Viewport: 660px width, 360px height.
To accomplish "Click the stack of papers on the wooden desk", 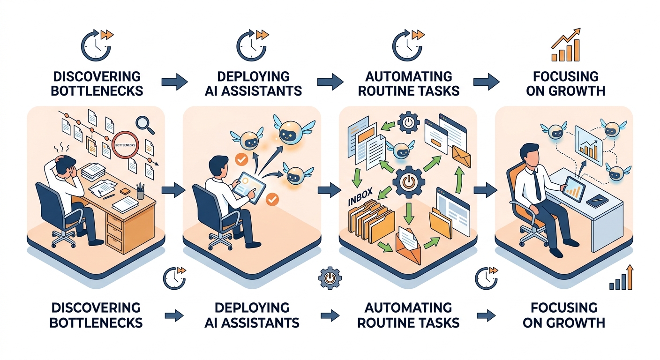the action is [93, 171].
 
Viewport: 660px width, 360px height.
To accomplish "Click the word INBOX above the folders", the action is [360, 196].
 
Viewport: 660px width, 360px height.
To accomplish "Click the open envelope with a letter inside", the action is [408, 245].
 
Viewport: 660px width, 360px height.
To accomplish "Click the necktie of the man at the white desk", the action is [538, 186].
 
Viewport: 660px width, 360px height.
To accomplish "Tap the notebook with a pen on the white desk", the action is [598, 201].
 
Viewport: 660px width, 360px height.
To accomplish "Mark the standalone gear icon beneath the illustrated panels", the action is [330, 278].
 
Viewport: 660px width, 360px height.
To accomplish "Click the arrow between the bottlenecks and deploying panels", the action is [173, 190].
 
